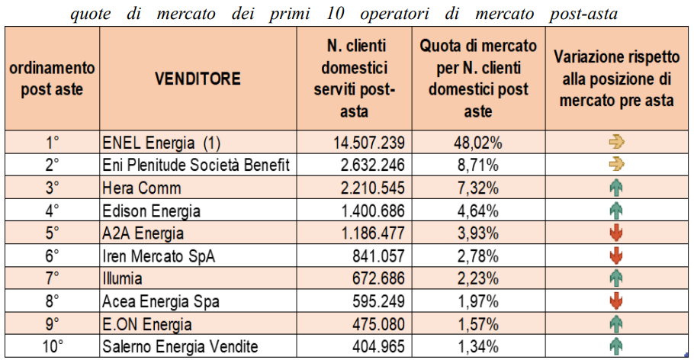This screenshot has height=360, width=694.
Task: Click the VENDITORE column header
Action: click(198, 79)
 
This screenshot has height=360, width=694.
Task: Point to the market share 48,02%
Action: click(478, 143)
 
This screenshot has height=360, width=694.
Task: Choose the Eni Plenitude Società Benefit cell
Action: click(196, 165)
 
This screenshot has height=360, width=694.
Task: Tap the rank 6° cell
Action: click(52, 256)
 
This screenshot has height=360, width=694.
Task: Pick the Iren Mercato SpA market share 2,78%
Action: click(478, 256)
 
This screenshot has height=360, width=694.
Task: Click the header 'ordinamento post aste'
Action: click(52, 79)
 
